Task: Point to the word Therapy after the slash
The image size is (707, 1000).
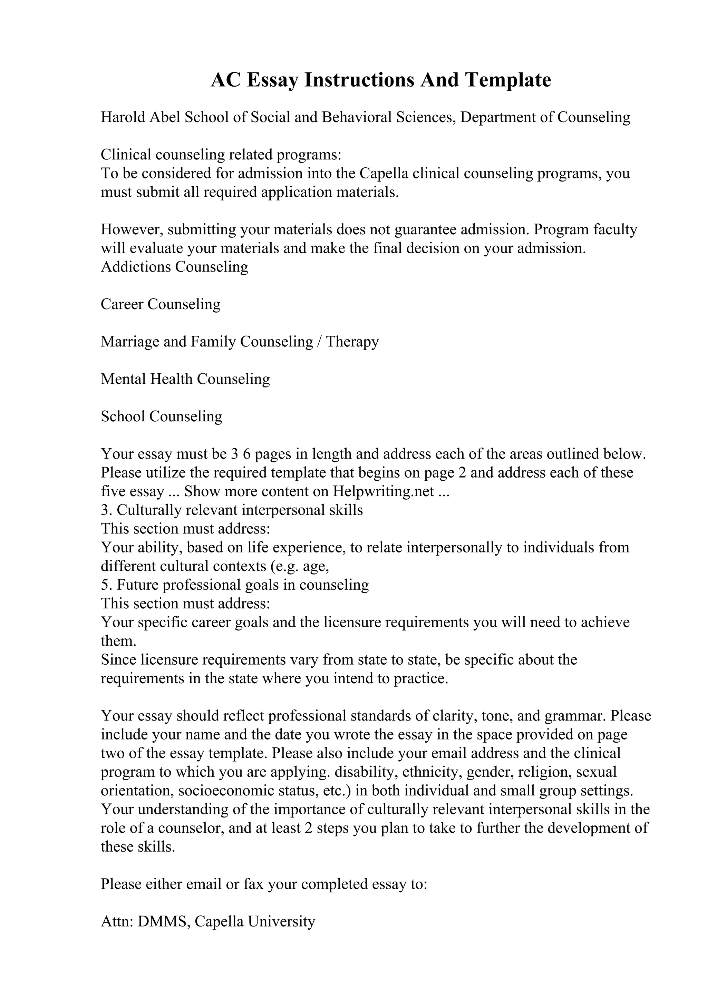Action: coord(352,342)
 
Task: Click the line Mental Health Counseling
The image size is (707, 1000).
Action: coord(185,379)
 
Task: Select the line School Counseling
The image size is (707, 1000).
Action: coord(161,416)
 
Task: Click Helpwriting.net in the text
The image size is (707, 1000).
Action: coord(383,491)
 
